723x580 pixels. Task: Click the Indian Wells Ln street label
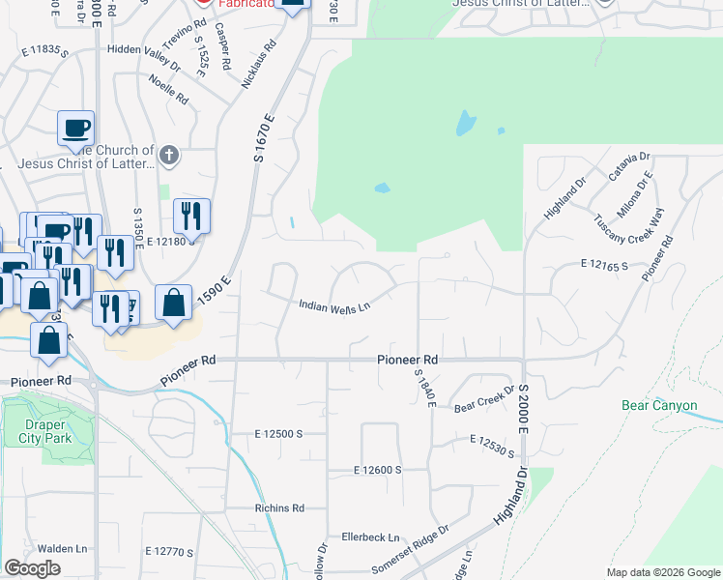334,306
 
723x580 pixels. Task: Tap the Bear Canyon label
659,406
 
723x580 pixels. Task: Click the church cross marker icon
168,155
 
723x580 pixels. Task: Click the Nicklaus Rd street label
258,65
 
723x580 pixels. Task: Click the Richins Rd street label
279,507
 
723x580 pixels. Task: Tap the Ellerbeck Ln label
370,537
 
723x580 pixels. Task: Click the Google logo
32,567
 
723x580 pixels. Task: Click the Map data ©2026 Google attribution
662,572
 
